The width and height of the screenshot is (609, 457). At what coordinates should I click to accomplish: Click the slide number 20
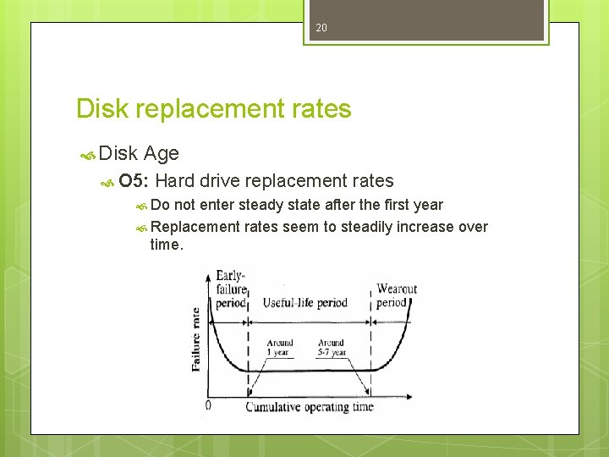[x=321, y=28]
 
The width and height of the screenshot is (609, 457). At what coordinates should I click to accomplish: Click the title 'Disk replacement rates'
[x=213, y=109]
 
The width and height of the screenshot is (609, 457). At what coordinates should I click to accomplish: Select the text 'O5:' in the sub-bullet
[x=134, y=180]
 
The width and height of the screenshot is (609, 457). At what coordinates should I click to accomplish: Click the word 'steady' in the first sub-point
[x=262, y=205]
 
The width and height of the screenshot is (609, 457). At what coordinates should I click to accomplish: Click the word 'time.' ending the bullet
[x=166, y=245]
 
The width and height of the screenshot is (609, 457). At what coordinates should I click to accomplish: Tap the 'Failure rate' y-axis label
[x=196, y=339]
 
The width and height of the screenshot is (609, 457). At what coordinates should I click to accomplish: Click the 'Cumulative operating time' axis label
[x=309, y=407]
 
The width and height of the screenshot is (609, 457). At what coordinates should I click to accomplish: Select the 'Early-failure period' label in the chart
[x=230, y=289]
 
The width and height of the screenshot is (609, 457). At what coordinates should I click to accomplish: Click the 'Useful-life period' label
[x=304, y=303]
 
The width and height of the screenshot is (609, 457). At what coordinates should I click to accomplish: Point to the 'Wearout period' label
[x=396, y=295]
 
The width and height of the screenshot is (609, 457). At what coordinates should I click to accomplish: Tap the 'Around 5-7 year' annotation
[x=332, y=348]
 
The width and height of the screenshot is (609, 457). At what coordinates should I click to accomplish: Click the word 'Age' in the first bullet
[x=161, y=154]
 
